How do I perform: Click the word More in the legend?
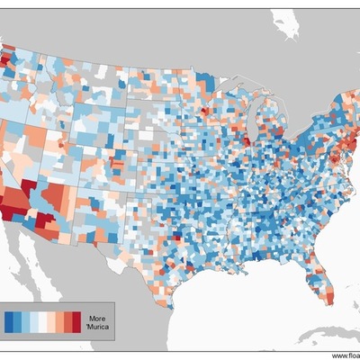97,317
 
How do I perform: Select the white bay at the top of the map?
286,27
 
